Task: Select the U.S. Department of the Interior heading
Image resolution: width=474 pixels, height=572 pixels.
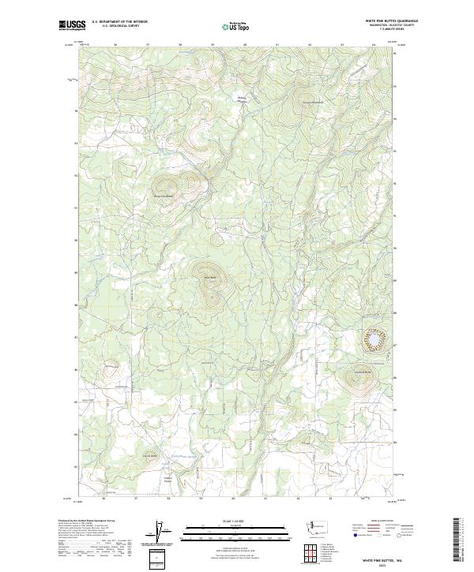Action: tap(119, 22)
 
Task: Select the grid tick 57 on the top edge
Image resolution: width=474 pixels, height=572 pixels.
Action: tap(148, 45)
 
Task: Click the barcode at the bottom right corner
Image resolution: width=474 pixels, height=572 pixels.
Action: tap(460, 540)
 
